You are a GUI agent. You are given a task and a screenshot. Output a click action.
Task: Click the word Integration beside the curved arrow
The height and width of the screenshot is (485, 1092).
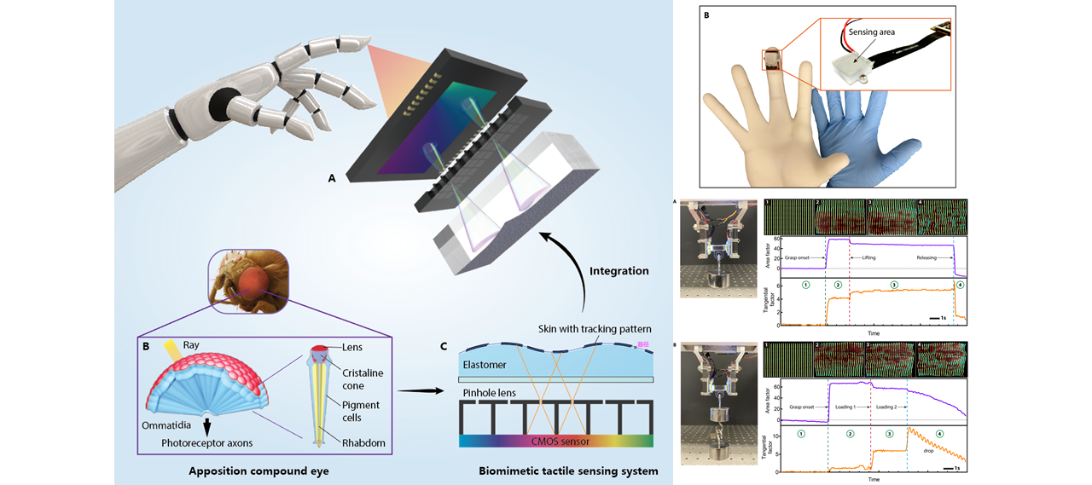coord(619,271)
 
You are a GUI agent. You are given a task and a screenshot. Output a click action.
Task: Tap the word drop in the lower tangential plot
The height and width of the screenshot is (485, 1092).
coord(928,449)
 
